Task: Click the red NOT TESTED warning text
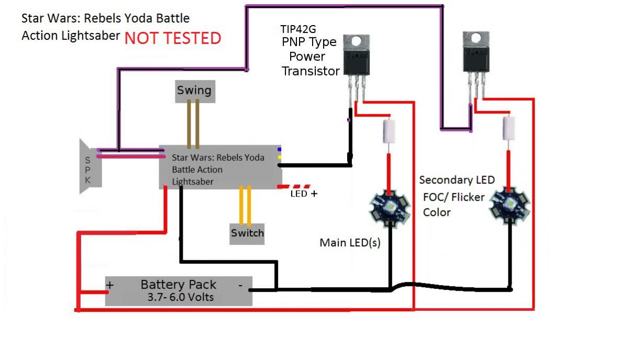173,38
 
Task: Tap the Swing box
194,91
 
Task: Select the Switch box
247,233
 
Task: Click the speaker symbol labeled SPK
90,166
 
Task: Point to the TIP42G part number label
298,29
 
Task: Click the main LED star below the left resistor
389,208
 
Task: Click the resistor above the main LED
389,130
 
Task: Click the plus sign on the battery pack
110,285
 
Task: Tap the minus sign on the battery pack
240,286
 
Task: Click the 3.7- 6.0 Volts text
178,297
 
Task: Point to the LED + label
304,193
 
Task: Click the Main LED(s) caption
350,243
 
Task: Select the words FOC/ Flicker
454,198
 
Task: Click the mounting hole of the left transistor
356,40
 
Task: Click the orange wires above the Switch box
245,205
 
